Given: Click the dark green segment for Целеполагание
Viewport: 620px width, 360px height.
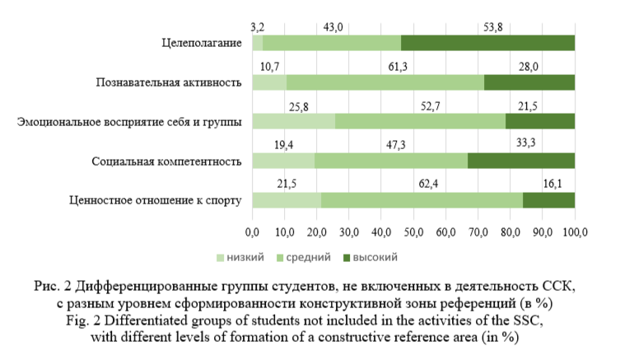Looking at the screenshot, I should [x=487, y=42].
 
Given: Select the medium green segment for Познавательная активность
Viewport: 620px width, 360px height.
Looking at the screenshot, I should [x=385, y=82].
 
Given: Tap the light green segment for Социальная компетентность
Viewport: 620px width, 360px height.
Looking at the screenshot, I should [x=283, y=160].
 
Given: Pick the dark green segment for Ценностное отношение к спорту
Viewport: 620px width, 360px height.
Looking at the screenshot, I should [x=548, y=199].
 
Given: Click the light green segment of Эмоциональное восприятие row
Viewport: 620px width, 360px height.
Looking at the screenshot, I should [x=293, y=121].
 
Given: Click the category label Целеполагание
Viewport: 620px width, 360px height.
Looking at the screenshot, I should [x=202, y=42].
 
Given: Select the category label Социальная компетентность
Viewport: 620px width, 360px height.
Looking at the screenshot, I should [x=167, y=160].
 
